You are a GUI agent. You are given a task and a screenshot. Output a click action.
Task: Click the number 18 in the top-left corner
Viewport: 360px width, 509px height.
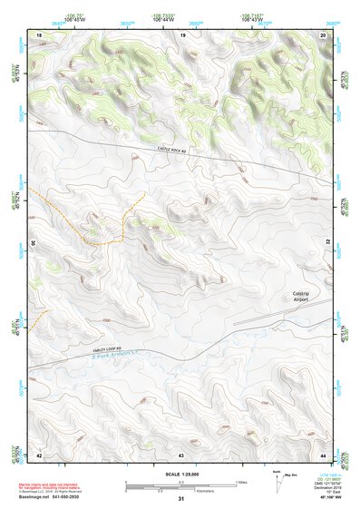coord(39,34)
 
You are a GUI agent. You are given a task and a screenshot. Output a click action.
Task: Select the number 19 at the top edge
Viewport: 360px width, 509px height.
coord(182,34)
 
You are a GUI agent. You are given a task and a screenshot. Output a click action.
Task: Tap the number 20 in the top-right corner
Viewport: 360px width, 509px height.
coord(323,34)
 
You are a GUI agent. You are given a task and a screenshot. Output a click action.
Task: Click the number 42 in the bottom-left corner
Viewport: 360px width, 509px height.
coord(39,454)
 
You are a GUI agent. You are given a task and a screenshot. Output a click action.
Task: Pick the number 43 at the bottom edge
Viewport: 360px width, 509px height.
coord(181,454)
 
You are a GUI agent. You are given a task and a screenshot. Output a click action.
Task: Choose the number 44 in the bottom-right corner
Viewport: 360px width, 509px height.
coord(323,454)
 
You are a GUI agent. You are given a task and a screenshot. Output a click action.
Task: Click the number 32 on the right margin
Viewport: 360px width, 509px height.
coord(328,242)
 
